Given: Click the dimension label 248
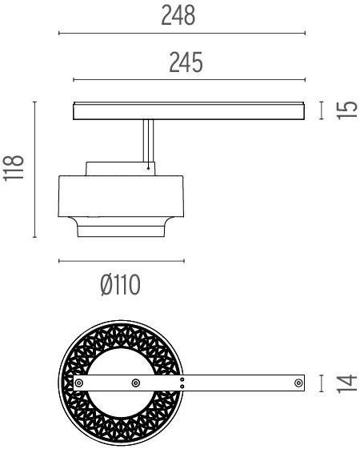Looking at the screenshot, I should pyautogui.click(x=178, y=17).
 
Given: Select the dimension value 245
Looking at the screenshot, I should pyautogui.click(x=185, y=61).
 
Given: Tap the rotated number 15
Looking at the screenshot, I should pyautogui.click(x=346, y=110).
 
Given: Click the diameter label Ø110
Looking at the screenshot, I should pyautogui.click(x=121, y=285).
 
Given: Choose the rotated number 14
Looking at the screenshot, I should pyautogui.click(x=346, y=384).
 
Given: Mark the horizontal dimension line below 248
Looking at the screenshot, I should pyautogui.click(x=182, y=34).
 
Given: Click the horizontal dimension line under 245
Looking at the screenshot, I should pyautogui.click(x=189, y=79).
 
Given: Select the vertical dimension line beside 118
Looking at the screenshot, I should pyautogui.click(x=34, y=170).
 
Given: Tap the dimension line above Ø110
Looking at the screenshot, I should pyautogui.click(x=122, y=261).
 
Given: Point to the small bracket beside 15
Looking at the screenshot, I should pyautogui.click(x=321, y=110).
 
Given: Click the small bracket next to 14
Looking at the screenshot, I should pyautogui.click(x=321, y=384).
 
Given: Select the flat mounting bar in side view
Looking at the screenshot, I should pyautogui.click(x=189, y=110).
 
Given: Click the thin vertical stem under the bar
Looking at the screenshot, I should pyautogui.click(x=148, y=142).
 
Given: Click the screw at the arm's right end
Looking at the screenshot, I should pyautogui.click(x=298, y=384).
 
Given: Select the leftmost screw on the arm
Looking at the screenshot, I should pyautogui.click(x=79, y=384).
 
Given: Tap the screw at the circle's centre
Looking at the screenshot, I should pyautogui.click(x=134, y=384).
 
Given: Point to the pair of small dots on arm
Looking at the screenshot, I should pyautogui.click(x=183, y=384).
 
